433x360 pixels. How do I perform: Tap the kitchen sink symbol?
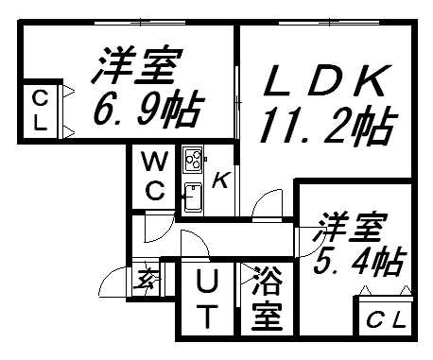pyautogui.click(x=192, y=197)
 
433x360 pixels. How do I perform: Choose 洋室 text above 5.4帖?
pyautogui.click(x=353, y=226)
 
